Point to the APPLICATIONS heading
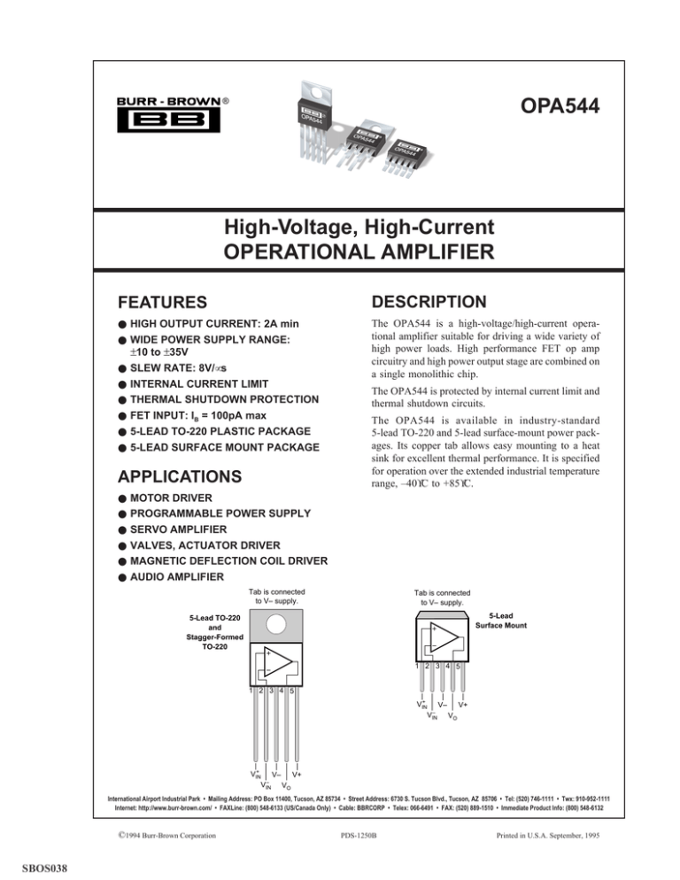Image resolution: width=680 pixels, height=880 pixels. coord(180,476)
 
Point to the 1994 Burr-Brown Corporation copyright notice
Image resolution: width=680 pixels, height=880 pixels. coord(171,833)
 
